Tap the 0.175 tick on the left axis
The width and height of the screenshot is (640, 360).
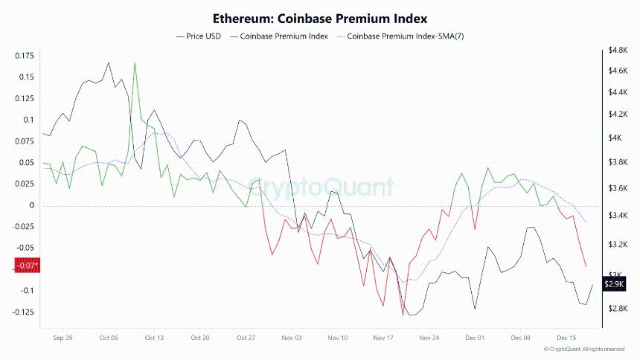25,56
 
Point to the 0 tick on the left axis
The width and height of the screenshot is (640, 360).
32,205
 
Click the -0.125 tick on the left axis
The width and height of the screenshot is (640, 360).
23,312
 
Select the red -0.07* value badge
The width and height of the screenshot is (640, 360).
28,266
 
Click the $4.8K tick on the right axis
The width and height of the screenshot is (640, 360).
619,50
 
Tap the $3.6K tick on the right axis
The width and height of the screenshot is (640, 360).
619,188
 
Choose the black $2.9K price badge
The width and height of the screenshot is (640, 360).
615,283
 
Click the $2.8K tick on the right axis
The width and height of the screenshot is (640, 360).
619,309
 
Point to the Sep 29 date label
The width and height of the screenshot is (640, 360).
63,337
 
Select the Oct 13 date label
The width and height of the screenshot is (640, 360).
154,337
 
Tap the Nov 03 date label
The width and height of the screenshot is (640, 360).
292,337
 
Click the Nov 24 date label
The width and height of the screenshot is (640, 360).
429,337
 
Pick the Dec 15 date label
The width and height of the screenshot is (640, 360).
566,337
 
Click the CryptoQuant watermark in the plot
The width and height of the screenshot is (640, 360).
321,186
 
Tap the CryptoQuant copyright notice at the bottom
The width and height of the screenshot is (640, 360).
585,349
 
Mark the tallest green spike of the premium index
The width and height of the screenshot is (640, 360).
135,62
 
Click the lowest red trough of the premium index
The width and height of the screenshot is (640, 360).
403,315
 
